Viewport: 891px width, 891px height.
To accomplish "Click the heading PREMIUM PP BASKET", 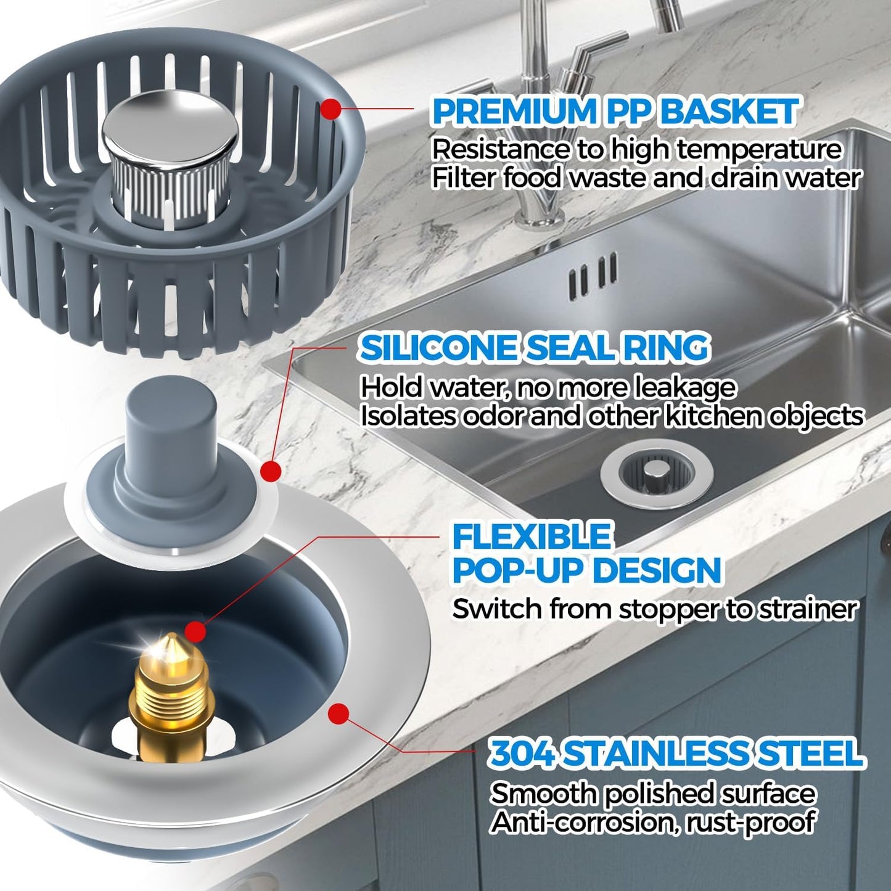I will pyautogui.click(x=615, y=112).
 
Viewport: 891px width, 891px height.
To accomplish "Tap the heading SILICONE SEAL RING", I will pyautogui.click(x=534, y=348).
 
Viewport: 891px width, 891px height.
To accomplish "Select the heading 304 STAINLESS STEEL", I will pyautogui.click(x=676, y=753).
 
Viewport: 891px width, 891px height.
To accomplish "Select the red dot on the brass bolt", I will pyautogui.click(x=195, y=631).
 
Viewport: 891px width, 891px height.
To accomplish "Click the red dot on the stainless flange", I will pyautogui.click(x=339, y=714).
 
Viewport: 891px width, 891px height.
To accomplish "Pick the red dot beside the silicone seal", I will pyautogui.click(x=271, y=472).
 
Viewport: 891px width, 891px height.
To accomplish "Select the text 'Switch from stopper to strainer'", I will pyautogui.click(x=654, y=609).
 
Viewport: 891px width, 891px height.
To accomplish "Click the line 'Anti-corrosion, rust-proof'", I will pyautogui.click(x=652, y=822).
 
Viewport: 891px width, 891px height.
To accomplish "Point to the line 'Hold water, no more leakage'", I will pyautogui.click(x=548, y=387).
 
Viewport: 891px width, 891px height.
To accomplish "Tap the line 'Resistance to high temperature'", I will pyautogui.click(x=636, y=149).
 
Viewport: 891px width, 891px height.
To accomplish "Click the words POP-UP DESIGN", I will pyautogui.click(x=586, y=570).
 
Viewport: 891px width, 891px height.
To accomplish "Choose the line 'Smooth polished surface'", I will pyautogui.click(x=652, y=794).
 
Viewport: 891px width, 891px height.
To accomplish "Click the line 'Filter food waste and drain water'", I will pyautogui.click(x=646, y=178).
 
